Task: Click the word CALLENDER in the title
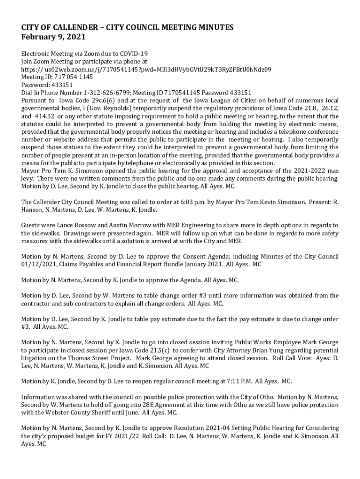click(x=69, y=28)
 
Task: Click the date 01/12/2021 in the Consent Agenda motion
click(x=39, y=264)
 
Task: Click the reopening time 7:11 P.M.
click(x=238, y=381)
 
